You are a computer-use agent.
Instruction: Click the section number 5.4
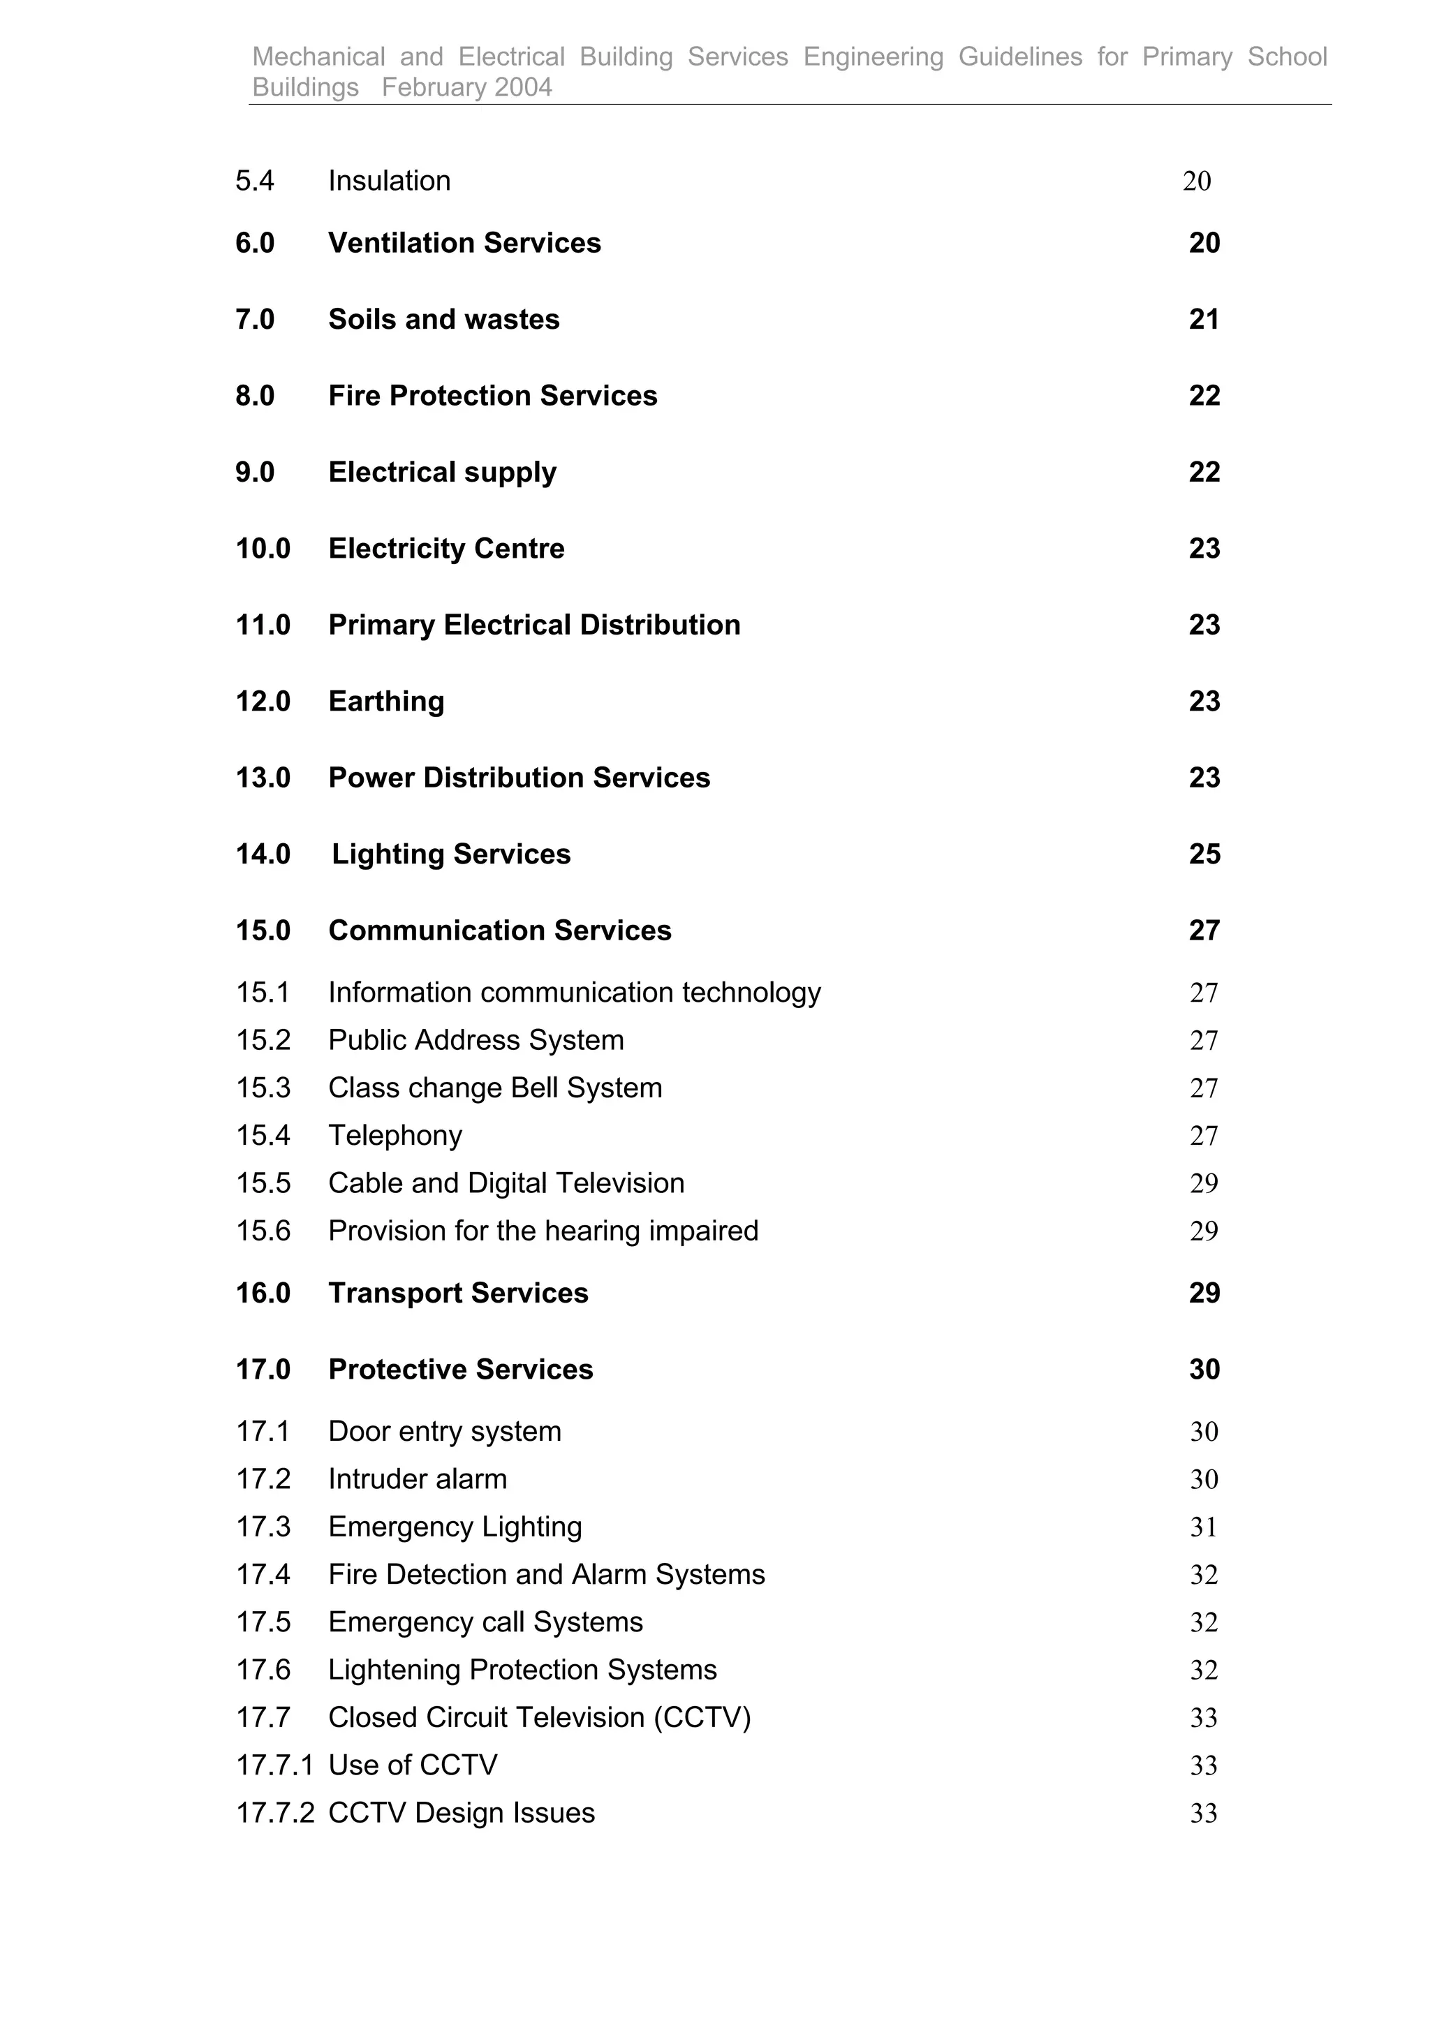(255, 181)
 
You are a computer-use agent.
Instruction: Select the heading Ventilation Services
(464, 243)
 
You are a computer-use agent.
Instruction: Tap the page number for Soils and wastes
(1204, 319)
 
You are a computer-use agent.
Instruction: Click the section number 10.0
(263, 548)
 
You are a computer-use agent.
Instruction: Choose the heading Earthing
(386, 702)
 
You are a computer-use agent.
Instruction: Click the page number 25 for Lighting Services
(1204, 854)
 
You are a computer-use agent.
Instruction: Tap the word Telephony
(395, 1135)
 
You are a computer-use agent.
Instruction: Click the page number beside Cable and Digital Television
(1204, 1183)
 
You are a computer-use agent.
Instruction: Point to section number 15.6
(263, 1231)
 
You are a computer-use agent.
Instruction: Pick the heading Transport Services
(458, 1293)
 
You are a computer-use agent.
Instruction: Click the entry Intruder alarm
(418, 1479)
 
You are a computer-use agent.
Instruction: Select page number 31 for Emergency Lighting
(1204, 1527)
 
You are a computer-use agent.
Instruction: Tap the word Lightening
(394, 1670)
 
